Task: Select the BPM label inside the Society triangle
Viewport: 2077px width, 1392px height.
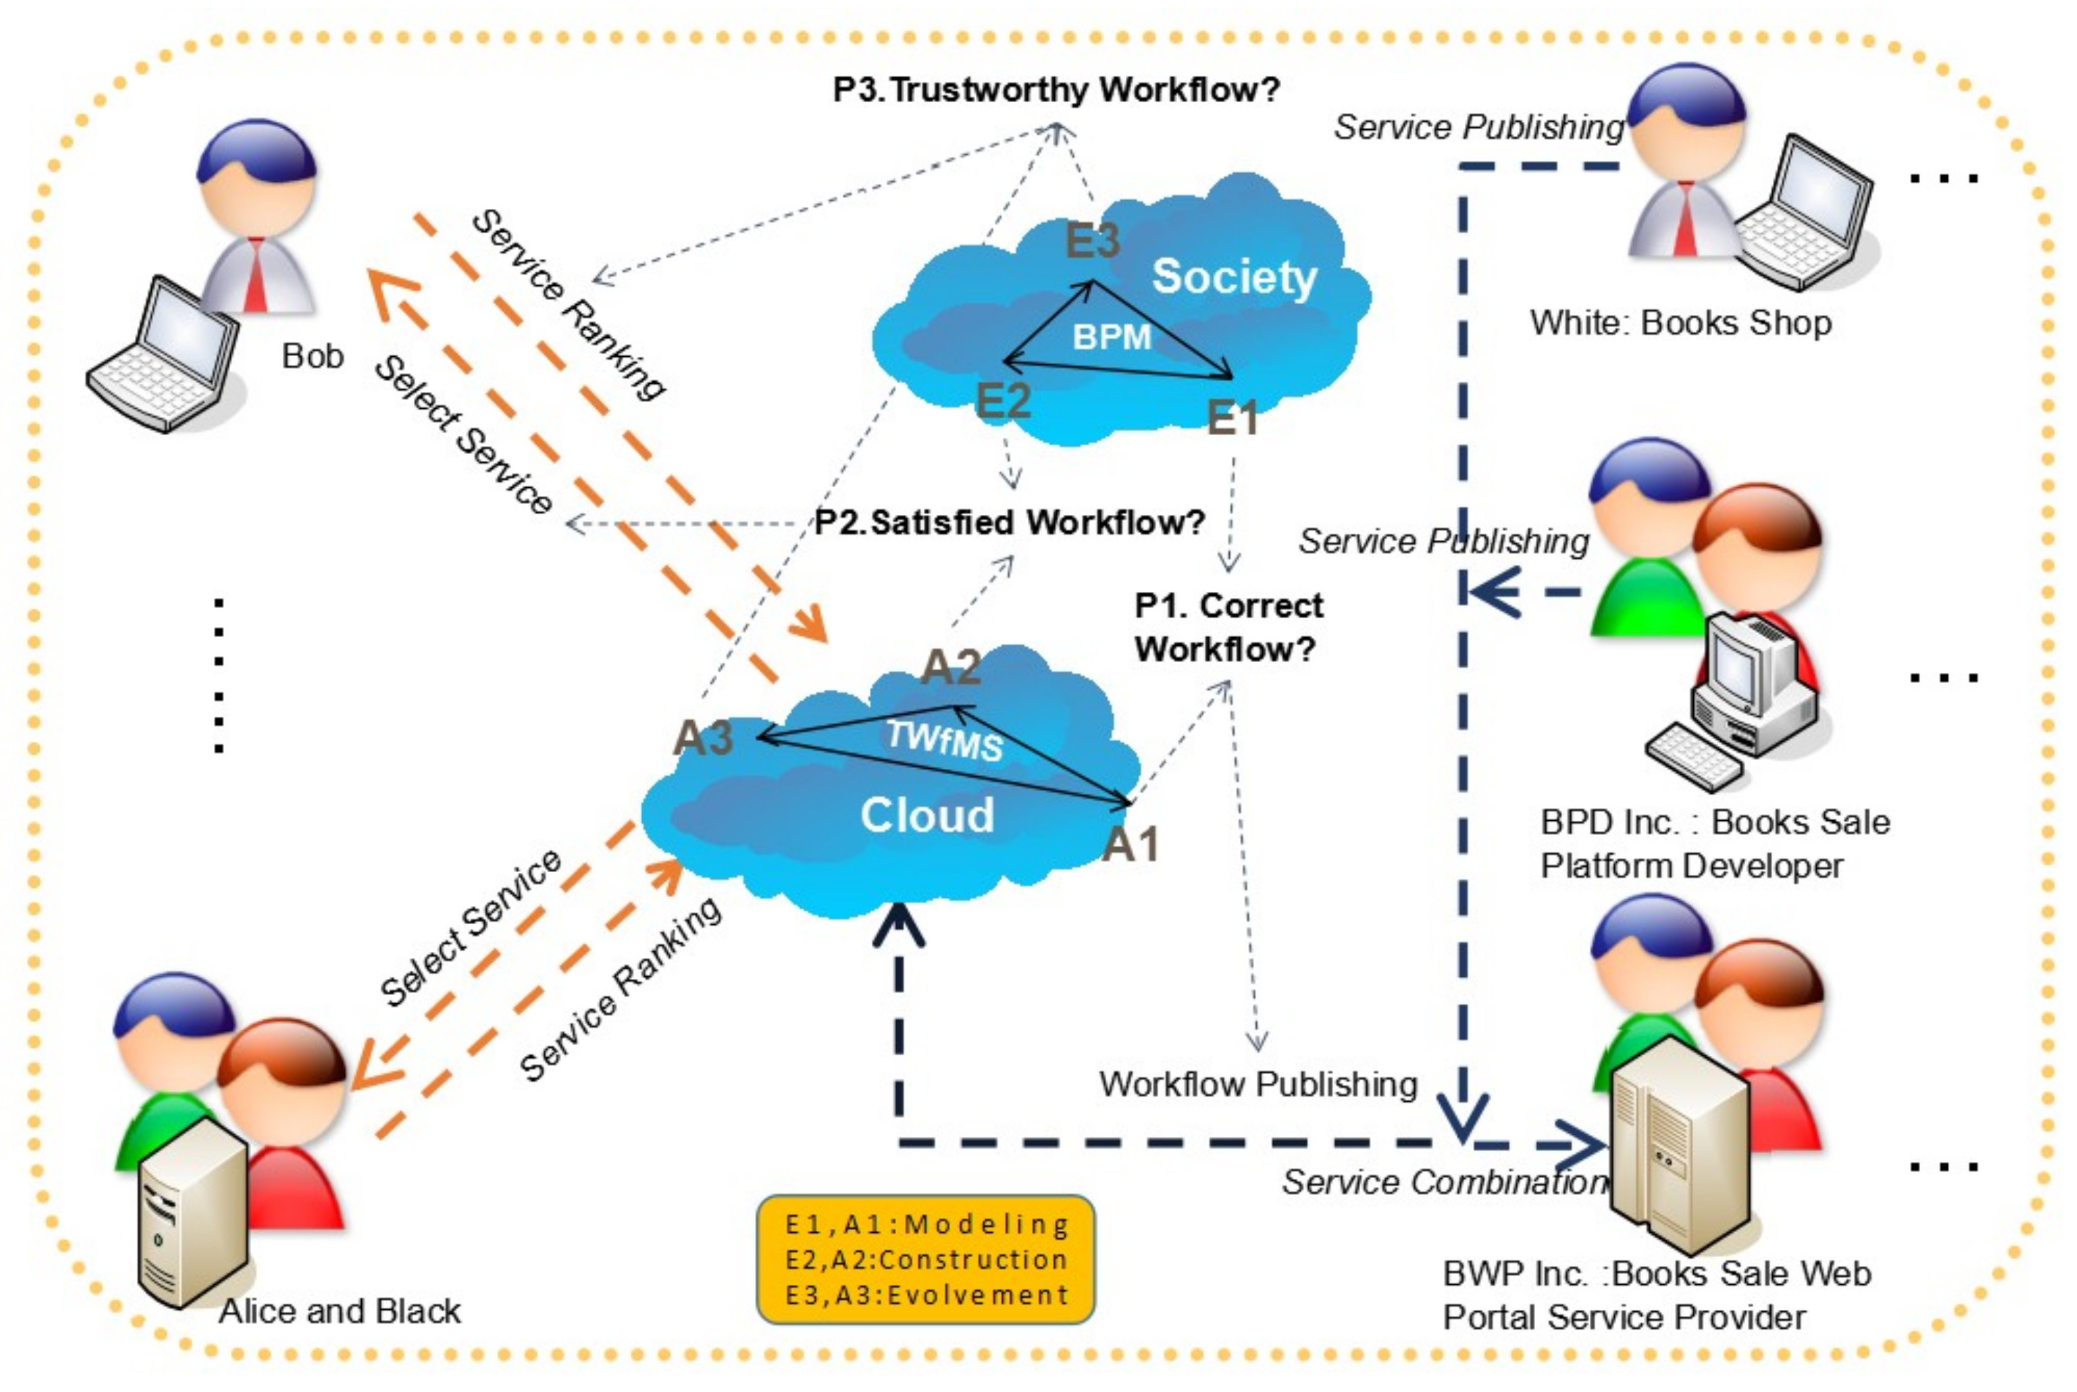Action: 1111,337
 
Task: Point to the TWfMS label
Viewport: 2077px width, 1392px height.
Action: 944,739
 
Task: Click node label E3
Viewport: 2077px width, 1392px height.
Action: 1092,241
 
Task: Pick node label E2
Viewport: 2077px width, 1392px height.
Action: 1003,401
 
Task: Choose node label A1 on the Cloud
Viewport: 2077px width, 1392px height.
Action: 1130,843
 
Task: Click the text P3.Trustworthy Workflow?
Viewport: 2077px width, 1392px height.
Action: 1055,90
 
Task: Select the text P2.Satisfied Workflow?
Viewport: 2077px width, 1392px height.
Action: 1009,522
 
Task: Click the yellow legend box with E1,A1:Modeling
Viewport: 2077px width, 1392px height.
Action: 925,1259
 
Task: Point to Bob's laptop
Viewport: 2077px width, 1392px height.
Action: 164,359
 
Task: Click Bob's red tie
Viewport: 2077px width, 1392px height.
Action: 256,275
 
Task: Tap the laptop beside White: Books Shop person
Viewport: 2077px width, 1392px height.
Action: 1806,213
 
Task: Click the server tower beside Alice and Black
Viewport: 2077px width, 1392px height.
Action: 191,1212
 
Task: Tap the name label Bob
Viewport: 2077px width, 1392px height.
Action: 312,356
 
